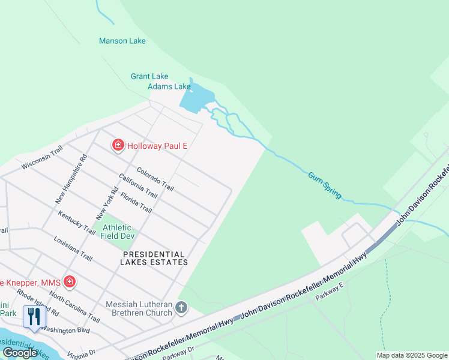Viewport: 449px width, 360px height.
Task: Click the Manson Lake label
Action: pyautogui.click(x=122, y=41)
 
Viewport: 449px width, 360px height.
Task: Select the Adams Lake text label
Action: pyautogui.click(x=169, y=86)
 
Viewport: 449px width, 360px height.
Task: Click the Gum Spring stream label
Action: pyautogui.click(x=325, y=185)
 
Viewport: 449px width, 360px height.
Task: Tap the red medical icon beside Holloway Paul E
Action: pyautogui.click(x=118, y=145)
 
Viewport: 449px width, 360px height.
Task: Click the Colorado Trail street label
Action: pyautogui.click(x=155, y=179)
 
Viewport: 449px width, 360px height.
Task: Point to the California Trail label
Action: pyautogui.click(x=138, y=186)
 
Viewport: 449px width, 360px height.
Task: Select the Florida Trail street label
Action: pyautogui.click(x=136, y=202)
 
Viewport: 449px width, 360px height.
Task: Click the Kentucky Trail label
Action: pyautogui.click(x=76, y=223)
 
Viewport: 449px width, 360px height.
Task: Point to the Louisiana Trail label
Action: pyautogui.click(x=73, y=248)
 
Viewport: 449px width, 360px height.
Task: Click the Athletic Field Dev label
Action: pyautogui.click(x=116, y=232)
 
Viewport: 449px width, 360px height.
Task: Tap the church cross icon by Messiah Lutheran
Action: pyautogui.click(x=181, y=309)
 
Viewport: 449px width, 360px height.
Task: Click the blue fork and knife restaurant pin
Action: pyautogui.click(x=34, y=316)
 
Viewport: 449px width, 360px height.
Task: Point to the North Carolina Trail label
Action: pyautogui.click(x=74, y=307)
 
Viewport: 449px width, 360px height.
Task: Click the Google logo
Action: pyautogui.click(x=20, y=353)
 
